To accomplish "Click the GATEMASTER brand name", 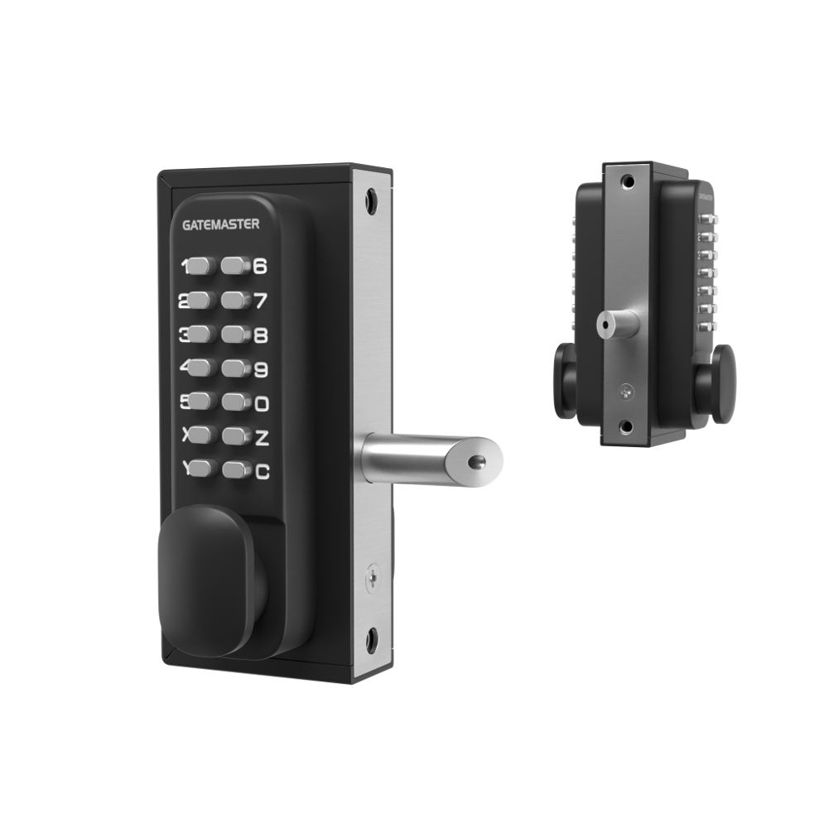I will (x=221, y=224).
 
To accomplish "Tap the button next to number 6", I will (x=235, y=266).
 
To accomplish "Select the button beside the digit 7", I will (x=235, y=301).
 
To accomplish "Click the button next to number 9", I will (x=235, y=368).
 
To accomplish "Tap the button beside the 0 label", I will (x=235, y=403).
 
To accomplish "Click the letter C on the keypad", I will (x=262, y=472).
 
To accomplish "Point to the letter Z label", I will (x=262, y=437).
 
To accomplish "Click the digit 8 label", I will (x=261, y=335).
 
